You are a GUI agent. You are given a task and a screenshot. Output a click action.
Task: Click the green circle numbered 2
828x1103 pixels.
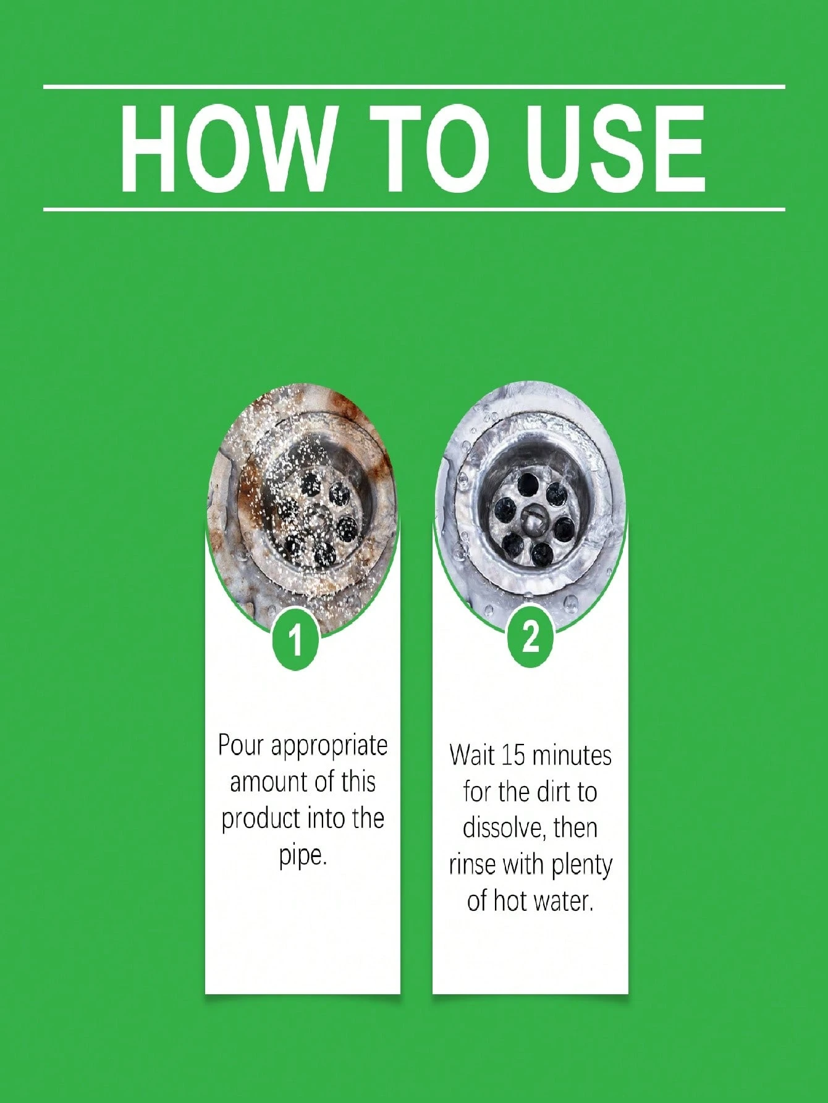[x=530, y=637]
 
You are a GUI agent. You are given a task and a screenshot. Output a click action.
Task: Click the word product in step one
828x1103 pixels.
[x=255, y=819]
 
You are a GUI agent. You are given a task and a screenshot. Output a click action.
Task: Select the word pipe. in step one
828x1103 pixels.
[x=302, y=856]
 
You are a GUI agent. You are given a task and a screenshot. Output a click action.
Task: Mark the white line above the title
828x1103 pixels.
[x=414, y=87]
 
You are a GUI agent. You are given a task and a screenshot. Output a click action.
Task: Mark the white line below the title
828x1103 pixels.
[x=414, y=209]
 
